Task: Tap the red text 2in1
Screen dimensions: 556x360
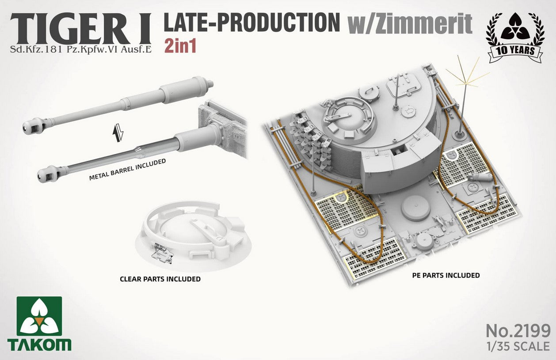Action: tap(180, 46)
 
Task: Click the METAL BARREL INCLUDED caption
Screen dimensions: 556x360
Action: tap(127, 170)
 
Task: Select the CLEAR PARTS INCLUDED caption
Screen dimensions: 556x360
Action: tap(160, 279)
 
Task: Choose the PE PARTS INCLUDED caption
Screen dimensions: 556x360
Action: tap(446, 275)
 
